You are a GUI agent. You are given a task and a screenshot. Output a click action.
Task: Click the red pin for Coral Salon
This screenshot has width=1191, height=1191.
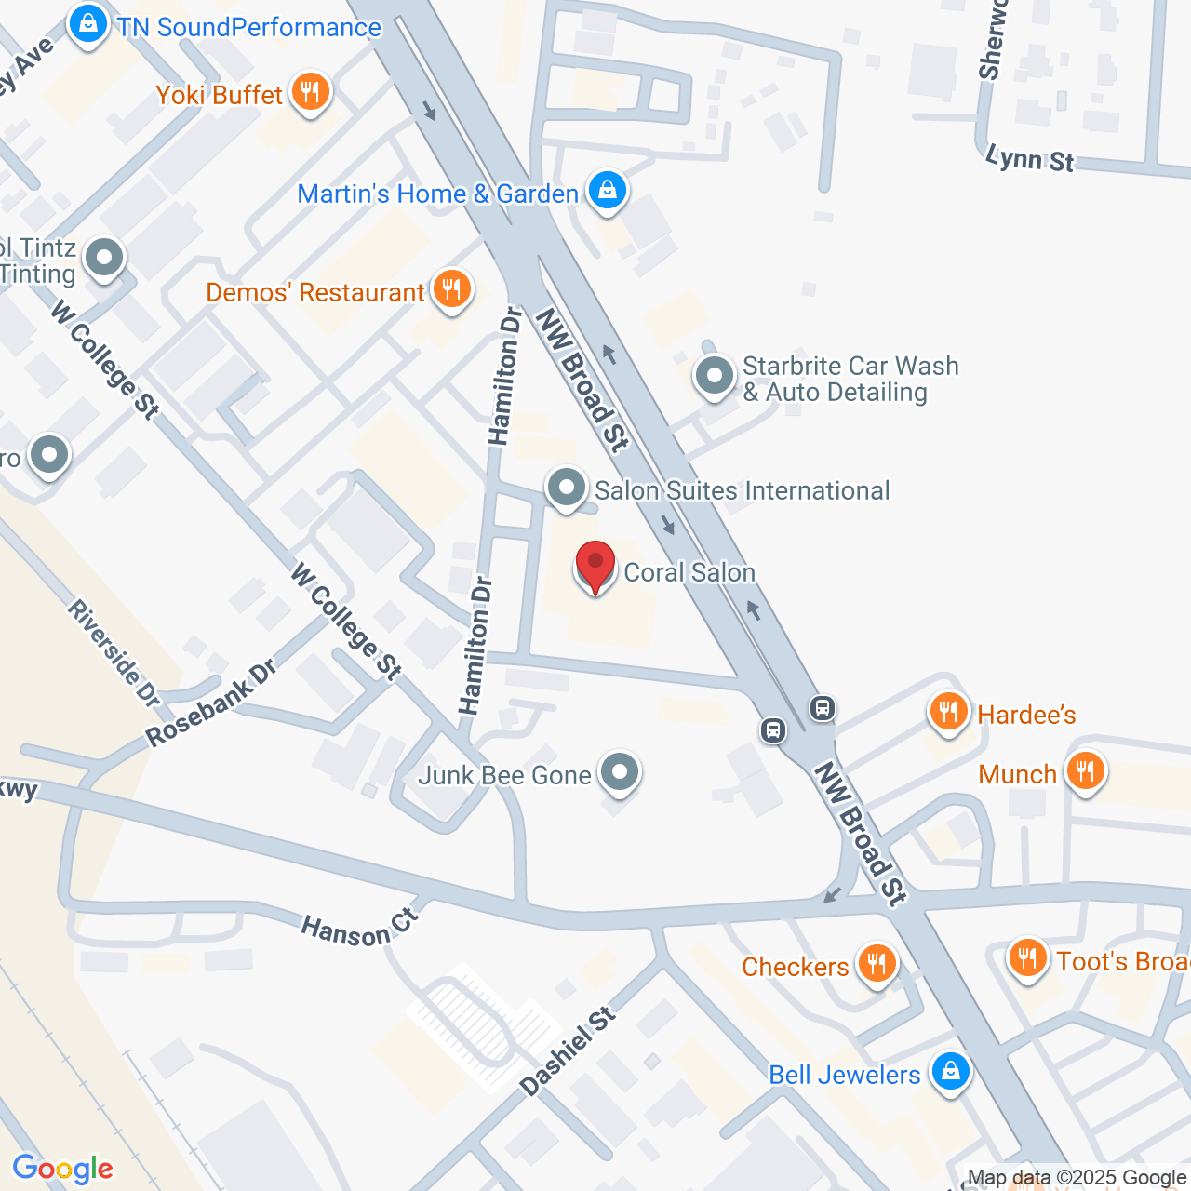[595, 564]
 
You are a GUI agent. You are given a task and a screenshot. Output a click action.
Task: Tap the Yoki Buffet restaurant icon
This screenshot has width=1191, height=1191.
[310, 92]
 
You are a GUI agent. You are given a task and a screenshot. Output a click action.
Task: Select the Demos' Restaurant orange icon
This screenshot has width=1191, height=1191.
[451, 289]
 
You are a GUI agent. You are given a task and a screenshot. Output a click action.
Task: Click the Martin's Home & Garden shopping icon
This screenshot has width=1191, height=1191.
[607, 191]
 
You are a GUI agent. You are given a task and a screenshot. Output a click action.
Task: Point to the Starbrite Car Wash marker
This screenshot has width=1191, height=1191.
[714, 377]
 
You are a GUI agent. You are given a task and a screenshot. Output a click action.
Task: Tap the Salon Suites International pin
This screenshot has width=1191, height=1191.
[566, 488]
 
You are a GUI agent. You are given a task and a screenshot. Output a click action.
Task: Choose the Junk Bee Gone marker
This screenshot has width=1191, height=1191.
[619, 772]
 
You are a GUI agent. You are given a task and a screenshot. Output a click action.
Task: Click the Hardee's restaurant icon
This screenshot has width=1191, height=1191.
[948, 713]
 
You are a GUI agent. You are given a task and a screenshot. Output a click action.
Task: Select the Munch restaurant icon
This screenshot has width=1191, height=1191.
[1084, 771]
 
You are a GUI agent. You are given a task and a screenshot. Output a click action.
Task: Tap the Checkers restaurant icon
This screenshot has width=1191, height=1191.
[877, 963]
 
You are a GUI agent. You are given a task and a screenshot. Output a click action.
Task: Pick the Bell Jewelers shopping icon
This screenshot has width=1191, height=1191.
[950, 1072]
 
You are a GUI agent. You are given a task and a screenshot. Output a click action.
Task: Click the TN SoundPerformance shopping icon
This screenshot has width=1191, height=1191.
[88, 24]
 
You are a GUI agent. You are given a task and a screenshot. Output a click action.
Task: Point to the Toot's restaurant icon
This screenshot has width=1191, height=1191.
[1027, 957]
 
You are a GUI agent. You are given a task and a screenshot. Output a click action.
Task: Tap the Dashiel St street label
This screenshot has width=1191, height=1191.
[568, 1050]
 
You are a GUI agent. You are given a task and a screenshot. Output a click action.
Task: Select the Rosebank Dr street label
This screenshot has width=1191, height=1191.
[211, 703]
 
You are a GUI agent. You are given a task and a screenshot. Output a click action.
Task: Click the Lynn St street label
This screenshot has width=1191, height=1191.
[1029, 158]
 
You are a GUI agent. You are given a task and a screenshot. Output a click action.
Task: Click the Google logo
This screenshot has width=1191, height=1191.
[62, 1170]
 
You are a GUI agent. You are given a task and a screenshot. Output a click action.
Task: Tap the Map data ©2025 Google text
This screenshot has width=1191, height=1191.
[1077, 1178]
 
